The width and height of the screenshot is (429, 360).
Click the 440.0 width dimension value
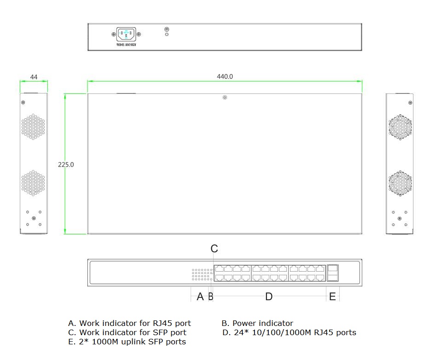pyautogui.click(x=225, y=77)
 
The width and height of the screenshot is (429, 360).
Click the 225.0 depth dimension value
pyautogui.click(x=66, y=164)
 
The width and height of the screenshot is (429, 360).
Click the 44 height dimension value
pyautogui.click(x=34, y=77)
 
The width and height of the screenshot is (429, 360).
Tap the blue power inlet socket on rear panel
pyautogui.click(x=126, y=34)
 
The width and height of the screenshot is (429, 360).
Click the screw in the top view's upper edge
pyautogui.click(x=225, y=98)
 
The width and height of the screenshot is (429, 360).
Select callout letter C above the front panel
pyautogui.click(x=214, y=249)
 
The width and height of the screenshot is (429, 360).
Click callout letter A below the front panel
pyautogui.click(x=200, y=297)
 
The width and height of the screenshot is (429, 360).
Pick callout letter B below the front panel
pyautogui.click(x=210, y=297)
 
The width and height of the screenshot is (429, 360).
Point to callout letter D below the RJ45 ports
pyautogui.click(x=269, y=297)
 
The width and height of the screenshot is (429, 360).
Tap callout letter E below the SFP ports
pyautogui.click(x=332, y=297)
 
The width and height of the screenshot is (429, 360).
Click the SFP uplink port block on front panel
pyautogui.click(x=332, y=273)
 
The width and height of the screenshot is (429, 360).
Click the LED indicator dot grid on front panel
pyautogui.click(x=203, y=275)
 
